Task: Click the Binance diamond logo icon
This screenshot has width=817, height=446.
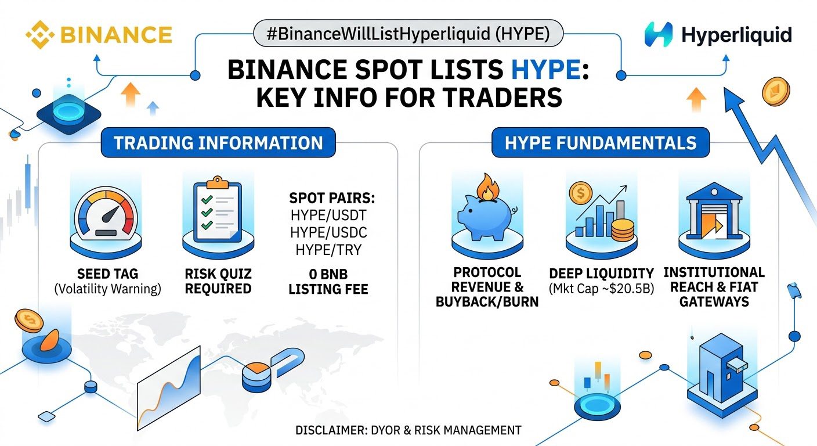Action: [40, 35]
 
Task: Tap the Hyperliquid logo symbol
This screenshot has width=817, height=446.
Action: [659, 35]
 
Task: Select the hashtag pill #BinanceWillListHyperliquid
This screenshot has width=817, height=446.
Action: [408, 33]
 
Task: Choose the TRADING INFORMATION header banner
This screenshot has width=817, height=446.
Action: [218, 142]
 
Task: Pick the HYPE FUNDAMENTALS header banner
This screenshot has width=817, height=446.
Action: [601, 142]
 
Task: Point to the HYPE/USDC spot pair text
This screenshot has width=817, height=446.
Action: [328, 232]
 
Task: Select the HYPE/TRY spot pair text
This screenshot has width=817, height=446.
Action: [328, 250]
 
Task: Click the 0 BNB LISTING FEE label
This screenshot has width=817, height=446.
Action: [328, 282]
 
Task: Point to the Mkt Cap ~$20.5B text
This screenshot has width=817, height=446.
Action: [602, 289]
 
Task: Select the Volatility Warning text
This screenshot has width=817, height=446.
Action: [107, 289]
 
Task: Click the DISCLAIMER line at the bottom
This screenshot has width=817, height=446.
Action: [408, 430]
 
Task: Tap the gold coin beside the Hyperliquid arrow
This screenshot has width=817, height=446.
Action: [776, 91]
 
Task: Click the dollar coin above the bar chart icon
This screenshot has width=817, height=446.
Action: [581, 193]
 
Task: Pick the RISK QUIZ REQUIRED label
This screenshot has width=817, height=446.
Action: [218, 281]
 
